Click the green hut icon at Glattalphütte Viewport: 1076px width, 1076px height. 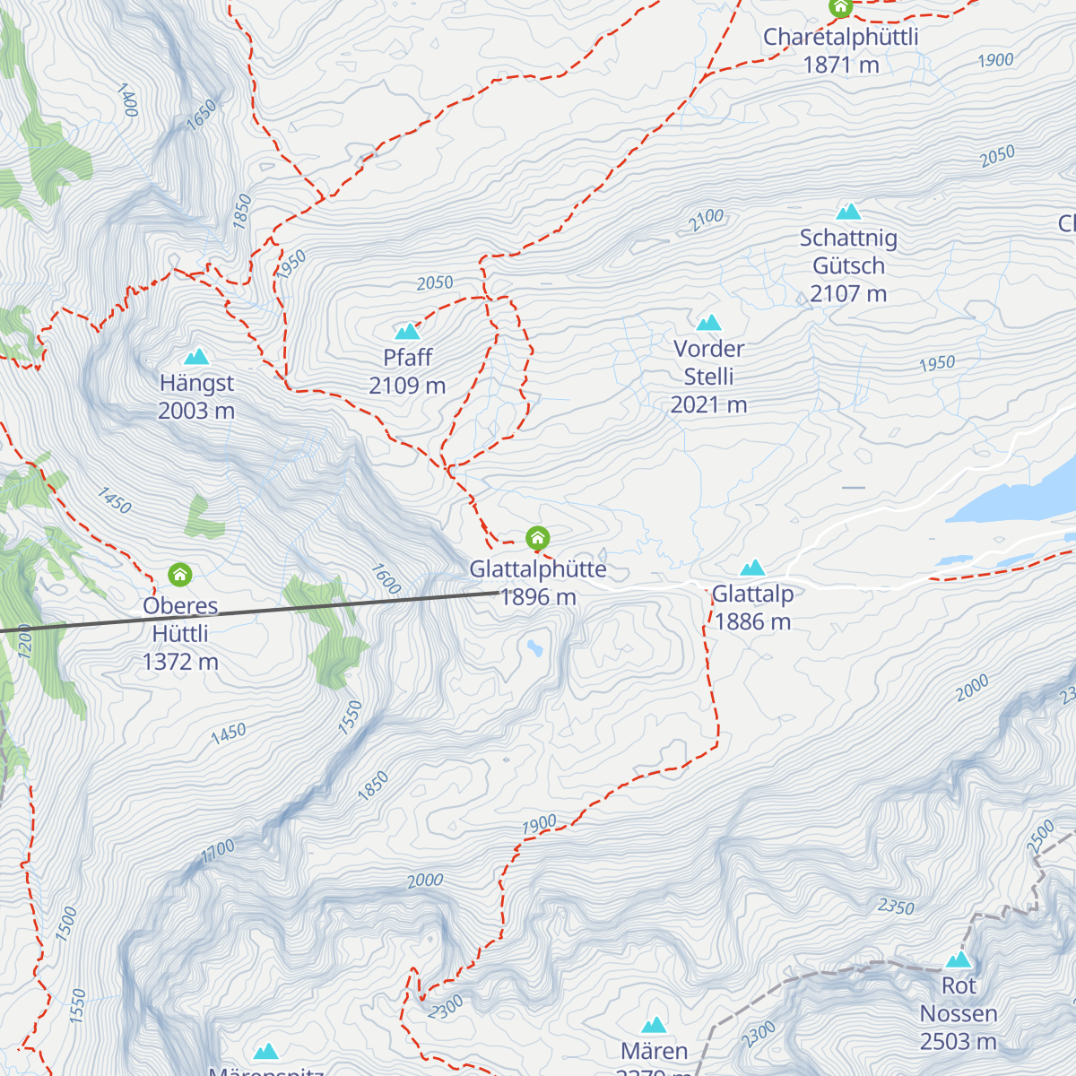537,538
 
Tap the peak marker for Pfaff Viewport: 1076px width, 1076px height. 408,332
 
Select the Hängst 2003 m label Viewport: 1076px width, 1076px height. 196,396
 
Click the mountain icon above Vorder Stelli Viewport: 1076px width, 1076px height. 709,323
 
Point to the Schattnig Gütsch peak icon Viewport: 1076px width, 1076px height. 848,212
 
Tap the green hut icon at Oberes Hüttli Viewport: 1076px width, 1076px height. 180,574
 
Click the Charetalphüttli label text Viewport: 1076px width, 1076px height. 840,38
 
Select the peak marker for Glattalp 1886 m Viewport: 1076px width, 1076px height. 752,568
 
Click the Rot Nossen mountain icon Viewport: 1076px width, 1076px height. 959,960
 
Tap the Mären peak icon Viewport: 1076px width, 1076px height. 655,1025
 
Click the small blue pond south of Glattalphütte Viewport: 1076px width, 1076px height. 535,647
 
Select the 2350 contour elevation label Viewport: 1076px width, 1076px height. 896,907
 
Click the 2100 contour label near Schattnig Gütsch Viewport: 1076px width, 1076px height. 707,220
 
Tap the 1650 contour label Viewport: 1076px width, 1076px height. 202,113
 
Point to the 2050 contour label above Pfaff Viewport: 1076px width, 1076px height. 435,283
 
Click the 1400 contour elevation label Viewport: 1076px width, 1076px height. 127,100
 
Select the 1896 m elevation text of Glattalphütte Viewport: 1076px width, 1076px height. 538,597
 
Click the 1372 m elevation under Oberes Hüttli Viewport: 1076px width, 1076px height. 180,662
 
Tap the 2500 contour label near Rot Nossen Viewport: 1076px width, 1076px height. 1040,836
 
